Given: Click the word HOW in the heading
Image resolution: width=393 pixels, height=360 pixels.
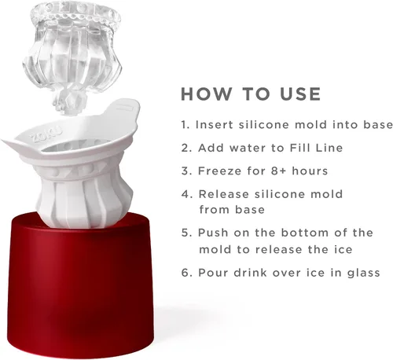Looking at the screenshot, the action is click(207, 94).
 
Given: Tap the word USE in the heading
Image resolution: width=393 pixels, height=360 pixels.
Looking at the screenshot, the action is click(300, 94).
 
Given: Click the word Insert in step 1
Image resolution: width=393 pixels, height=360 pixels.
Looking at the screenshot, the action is click(215, 124).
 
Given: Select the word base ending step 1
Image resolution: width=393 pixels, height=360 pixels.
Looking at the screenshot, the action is click(378, 124).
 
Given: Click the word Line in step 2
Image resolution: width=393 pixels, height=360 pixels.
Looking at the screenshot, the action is click(329, 148).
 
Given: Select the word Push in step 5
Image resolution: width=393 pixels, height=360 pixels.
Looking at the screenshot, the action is click(213, 233).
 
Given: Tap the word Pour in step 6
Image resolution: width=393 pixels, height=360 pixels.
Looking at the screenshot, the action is click(213, 273).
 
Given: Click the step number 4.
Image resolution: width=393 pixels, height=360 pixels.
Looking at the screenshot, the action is click(187, 194).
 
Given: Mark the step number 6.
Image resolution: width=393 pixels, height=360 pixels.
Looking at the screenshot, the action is click(187, 273).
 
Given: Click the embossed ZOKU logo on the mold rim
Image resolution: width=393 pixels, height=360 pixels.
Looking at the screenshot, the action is click(46, 134).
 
